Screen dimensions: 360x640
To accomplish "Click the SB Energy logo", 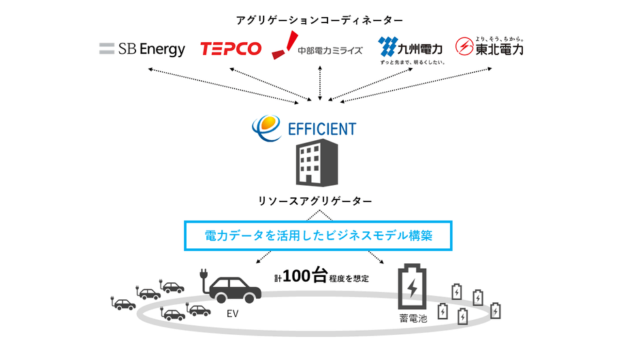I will pos(142,49).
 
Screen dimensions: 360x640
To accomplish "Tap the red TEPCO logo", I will pos(231,49).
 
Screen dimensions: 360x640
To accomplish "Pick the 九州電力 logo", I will pos(411,48).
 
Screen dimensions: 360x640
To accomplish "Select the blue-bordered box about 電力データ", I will pos(319,235).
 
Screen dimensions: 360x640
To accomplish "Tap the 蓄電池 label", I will pos(411,318).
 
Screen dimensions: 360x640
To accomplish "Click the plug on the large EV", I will pos(202,277).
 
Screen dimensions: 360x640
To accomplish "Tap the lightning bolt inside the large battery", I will pos(413,291).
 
